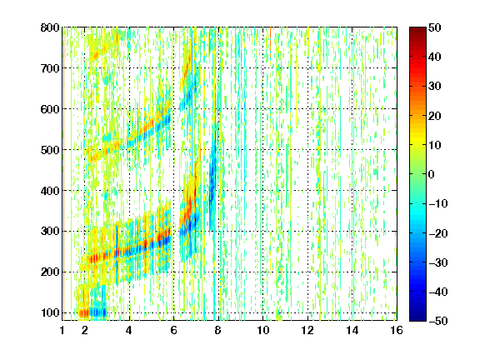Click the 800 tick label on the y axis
tap(50, 27)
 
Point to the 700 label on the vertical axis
tap(50, 68)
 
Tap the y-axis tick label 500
tap(50, 150)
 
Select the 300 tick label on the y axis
tap(50, 232)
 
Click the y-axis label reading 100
tap(50, 312)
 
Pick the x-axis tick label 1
tap(62, 330)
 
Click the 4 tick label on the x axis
tap(129, 330)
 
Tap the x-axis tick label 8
tap(217, 330)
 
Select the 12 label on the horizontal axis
tap(307, 330)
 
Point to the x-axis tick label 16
tap(397, 330)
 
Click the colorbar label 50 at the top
tap(435, 27)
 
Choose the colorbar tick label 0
tap(432, 174)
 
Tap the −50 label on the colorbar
tap(438, 321)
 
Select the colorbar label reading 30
tap(435, 87)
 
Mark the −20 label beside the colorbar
tap(438, 233)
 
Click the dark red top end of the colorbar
tap(417, 30)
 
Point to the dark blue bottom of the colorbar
tap(417, 318)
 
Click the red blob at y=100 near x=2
tap(84, 313)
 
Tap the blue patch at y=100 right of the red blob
tap(98, 312)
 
